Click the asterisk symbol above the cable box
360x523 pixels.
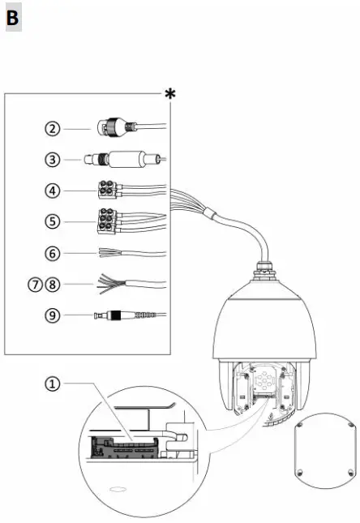(170, 95)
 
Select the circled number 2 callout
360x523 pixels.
(53, 128)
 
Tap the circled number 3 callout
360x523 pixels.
(53, 160)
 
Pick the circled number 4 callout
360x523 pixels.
(53, 191)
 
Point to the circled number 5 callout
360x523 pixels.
(53, 221)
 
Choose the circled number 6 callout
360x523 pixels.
(53, 253)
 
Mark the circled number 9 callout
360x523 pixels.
(53, 315)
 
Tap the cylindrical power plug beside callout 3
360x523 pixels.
(122, 160)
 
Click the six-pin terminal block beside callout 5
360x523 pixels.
(107, 220)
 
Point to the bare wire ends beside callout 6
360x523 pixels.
(109, 253)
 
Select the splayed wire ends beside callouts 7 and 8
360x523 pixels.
(107, 284)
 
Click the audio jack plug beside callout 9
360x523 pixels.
(114, 315)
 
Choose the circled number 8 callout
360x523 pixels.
(54, 285)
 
